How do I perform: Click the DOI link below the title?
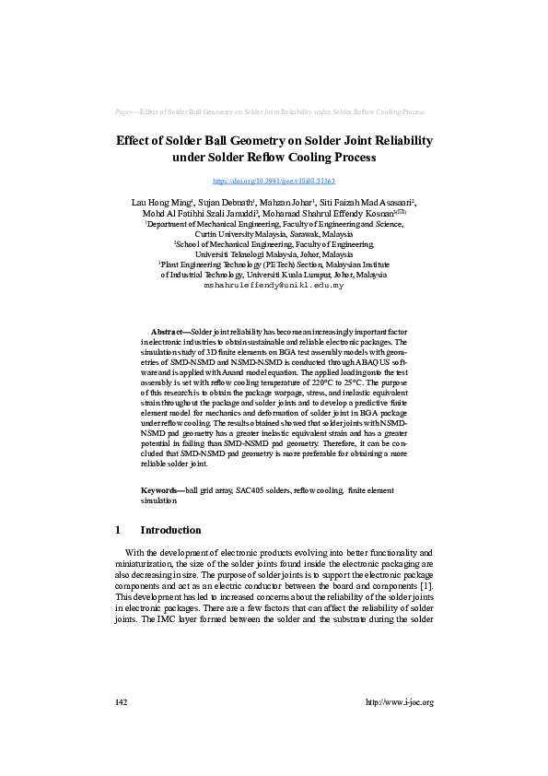point(274,182)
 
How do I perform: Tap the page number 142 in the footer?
point(121,702)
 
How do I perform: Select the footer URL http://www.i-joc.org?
point(399,702)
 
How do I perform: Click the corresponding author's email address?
point(274,287)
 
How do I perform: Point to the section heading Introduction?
point(170,530)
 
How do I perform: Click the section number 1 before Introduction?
point(118,530)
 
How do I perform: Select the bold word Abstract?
point(169,331)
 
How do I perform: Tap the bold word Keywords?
point(161,490)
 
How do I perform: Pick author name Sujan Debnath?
point(227,202)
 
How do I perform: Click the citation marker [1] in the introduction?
point(425,586)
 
